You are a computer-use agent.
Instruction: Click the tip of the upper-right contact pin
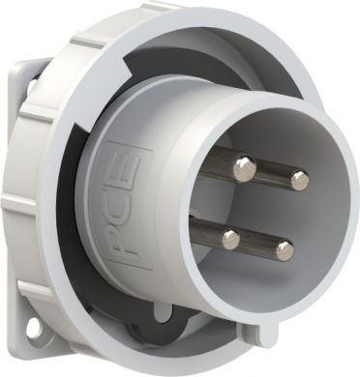[299, 179]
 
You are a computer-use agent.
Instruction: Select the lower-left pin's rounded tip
[230, 238]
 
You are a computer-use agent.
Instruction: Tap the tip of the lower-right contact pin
[285, 251]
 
